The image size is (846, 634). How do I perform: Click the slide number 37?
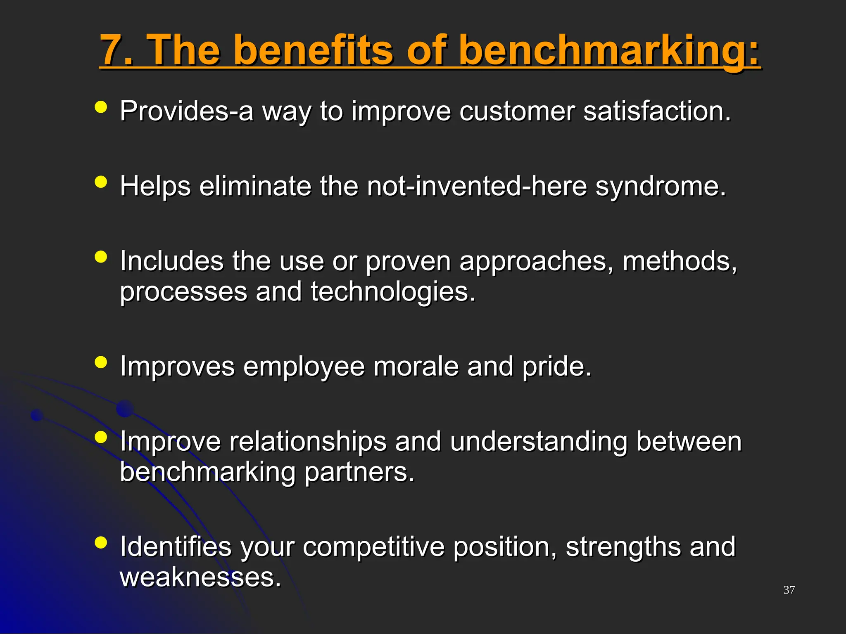[x=789, y=590]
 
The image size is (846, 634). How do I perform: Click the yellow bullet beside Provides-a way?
[x=101, y=107]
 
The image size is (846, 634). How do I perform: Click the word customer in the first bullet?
[x=517, y=111]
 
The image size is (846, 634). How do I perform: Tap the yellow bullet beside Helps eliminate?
[x=101, y=182]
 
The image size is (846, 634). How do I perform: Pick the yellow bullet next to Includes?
[x=101, y=257]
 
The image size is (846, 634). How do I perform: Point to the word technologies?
[x=392, y=292]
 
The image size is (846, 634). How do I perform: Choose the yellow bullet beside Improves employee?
[x=101, y=362]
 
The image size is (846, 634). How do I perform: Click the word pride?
[x=556, y=367]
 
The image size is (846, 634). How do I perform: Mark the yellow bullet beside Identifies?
[x=101, y=542]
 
